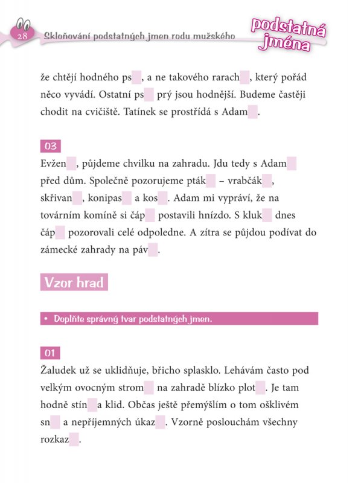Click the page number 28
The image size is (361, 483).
pos(24,37)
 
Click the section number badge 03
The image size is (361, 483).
pos(50,146)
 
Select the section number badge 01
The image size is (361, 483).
pos(50,353)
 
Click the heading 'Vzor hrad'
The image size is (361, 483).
pos(74,283)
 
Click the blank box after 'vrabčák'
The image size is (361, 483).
pos(269,181)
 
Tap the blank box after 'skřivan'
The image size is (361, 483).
pos(77,197)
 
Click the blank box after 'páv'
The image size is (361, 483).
pos(153,250)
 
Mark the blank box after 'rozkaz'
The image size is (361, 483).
pos(74,440)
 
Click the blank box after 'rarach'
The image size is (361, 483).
pos(244,77)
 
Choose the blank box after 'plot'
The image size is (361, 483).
pos(260,388)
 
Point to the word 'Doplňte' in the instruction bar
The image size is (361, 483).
pos(71,319)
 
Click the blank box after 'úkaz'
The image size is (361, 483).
pos(160,423)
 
